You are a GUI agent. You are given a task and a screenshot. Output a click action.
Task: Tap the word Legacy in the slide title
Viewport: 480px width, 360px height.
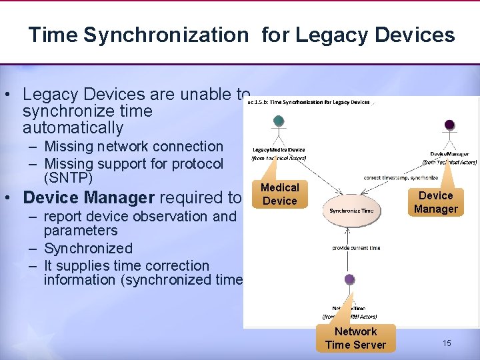tap(327, 35)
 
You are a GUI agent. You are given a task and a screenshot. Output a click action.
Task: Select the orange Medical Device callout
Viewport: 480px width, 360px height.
tap(279, 194)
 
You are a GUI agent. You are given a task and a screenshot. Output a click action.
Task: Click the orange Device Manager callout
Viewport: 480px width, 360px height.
tap(435, 202)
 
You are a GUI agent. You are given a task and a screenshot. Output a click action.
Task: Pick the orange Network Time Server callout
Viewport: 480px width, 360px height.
tap(355, 338)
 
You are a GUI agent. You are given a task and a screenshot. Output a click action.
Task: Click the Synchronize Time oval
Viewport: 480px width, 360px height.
tap(351, 211)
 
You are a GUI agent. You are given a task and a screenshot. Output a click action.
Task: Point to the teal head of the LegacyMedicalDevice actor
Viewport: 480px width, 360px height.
tap(279, 121)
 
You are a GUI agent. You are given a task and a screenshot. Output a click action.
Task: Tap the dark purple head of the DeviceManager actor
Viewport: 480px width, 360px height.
tap(449, 125)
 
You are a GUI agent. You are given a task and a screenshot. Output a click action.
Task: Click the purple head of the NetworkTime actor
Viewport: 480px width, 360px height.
tap(349, 279)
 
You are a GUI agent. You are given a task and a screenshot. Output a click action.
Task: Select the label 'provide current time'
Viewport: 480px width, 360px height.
tap(356, 248)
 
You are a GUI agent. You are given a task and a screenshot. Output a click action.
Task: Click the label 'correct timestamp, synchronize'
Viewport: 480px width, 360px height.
tap(401, 178)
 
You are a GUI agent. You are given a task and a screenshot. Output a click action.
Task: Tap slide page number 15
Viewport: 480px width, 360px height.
tap(447, 343)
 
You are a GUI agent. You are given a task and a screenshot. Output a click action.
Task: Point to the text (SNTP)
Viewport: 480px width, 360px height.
tap(68, 179)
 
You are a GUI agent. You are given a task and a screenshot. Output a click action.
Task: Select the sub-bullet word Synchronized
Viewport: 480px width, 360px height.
tap(88, 248)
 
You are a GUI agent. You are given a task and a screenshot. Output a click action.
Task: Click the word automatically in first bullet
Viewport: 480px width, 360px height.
tap(73, 127)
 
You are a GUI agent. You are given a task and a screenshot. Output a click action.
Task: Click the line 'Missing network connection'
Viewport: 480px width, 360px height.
tap(133, 146)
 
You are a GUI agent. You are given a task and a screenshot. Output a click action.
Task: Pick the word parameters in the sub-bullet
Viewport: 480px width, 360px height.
tap(80, 231)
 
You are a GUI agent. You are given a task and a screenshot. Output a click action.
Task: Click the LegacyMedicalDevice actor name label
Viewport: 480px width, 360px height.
tap(279, 150)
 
